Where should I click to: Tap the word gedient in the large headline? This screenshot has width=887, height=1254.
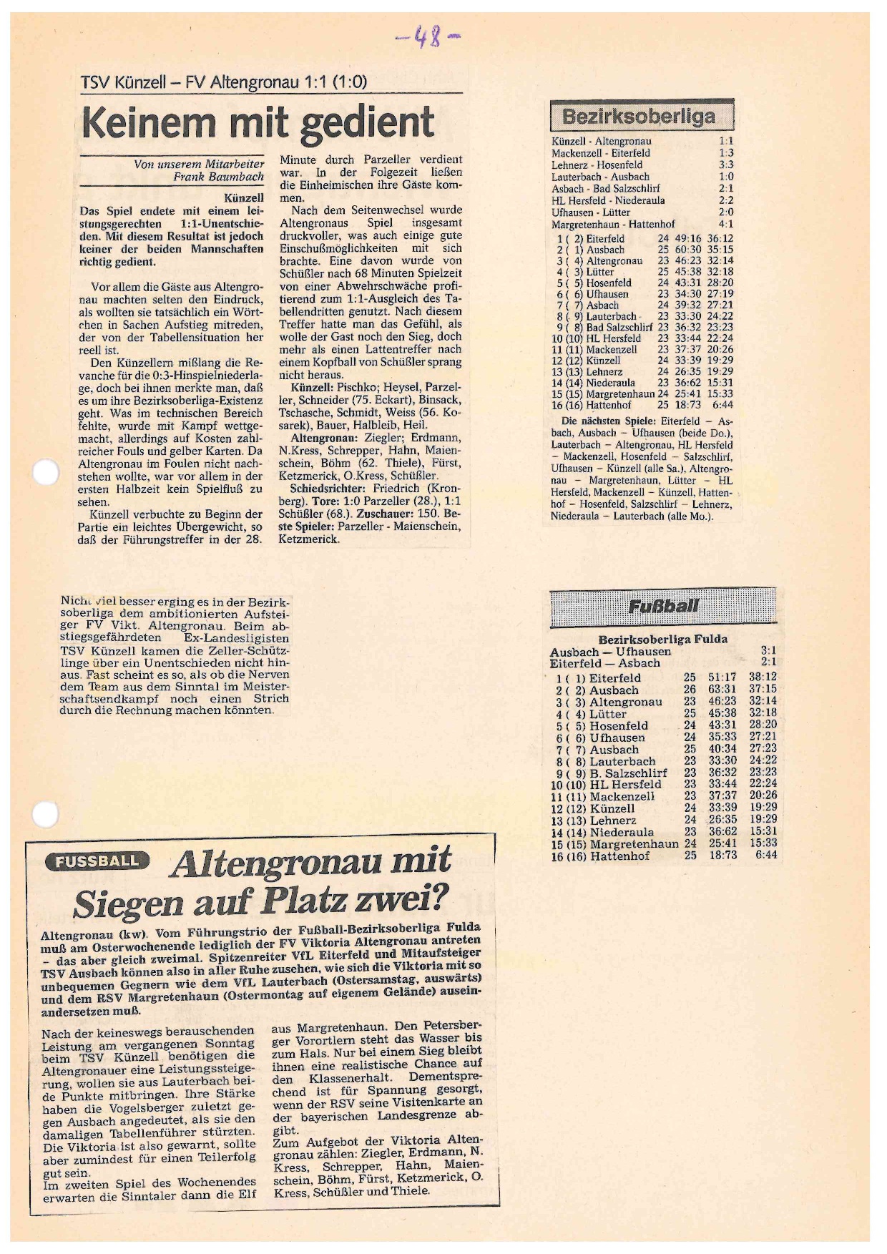[366, 124]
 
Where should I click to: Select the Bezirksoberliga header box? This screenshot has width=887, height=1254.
[641, 116]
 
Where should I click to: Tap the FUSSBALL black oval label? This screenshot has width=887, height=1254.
[97, 861]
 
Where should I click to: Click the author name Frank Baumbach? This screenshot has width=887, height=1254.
[218, 177]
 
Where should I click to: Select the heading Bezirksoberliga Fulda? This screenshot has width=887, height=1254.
[662, 639]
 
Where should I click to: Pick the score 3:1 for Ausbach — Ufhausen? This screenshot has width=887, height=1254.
[768, 651]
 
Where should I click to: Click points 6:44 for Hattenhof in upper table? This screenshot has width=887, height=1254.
[721, 405]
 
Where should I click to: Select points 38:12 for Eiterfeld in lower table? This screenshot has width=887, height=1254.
[763, 677]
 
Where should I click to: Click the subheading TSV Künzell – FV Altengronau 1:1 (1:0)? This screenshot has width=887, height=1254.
[223, 82]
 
